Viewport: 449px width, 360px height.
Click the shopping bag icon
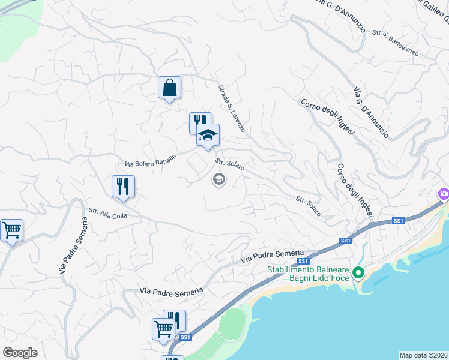170,88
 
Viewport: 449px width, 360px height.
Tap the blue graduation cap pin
208,135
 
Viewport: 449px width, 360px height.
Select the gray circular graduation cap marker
219,179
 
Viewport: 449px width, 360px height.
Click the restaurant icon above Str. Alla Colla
123,186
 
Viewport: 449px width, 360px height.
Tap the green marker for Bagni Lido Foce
358,273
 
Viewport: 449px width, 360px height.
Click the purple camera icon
444,194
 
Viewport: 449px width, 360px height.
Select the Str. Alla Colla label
108,213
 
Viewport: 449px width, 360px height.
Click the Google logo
20,353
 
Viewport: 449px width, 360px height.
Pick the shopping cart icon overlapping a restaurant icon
163,329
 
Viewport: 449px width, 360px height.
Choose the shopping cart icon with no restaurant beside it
11,230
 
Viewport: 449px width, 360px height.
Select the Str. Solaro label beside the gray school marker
230,164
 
